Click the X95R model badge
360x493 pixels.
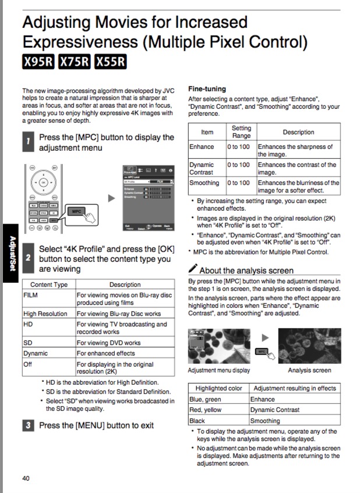coord(38,62)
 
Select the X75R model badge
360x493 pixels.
coord(75,62)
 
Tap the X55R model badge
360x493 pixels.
coord(111,62)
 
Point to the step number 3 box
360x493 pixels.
coord(27,425)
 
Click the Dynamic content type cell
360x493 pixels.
coord(49,353)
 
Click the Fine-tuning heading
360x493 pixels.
coord(207,89)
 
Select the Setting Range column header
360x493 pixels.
coord(241,132)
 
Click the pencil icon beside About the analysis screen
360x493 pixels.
coord(193,269)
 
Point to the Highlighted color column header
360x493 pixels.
coord(218,388)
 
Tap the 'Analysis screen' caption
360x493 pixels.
coord(309,370)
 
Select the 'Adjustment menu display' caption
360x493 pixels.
coord(219,370)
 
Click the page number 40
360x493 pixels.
coord(26,478)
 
